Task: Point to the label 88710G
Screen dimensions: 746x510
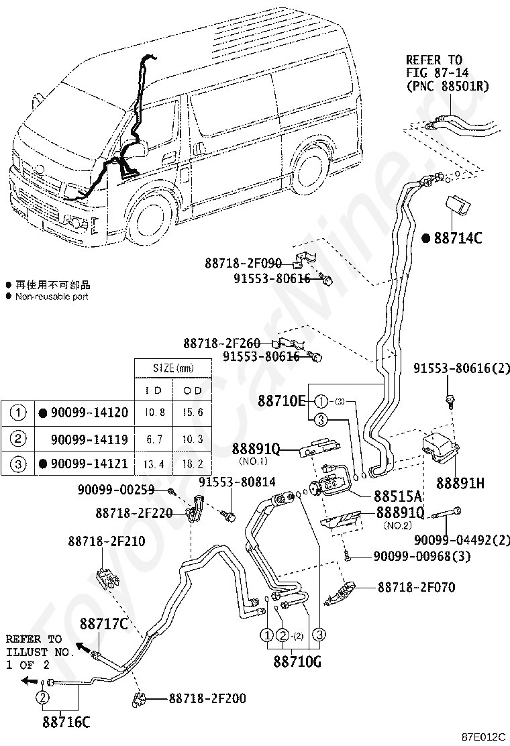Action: click(297, 661)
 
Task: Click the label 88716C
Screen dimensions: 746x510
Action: click(66, 722)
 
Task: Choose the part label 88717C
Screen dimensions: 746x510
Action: click(104, 624)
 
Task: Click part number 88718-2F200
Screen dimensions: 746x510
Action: click(207, 698)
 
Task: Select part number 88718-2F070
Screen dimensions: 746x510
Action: click(416, 587)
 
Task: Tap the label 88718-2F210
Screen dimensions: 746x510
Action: click(106, 541)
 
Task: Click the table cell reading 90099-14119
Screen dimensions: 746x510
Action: click(89, 439)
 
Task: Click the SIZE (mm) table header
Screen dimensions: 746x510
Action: click(173, 368)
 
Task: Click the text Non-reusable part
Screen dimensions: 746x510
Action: click(51, 296)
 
